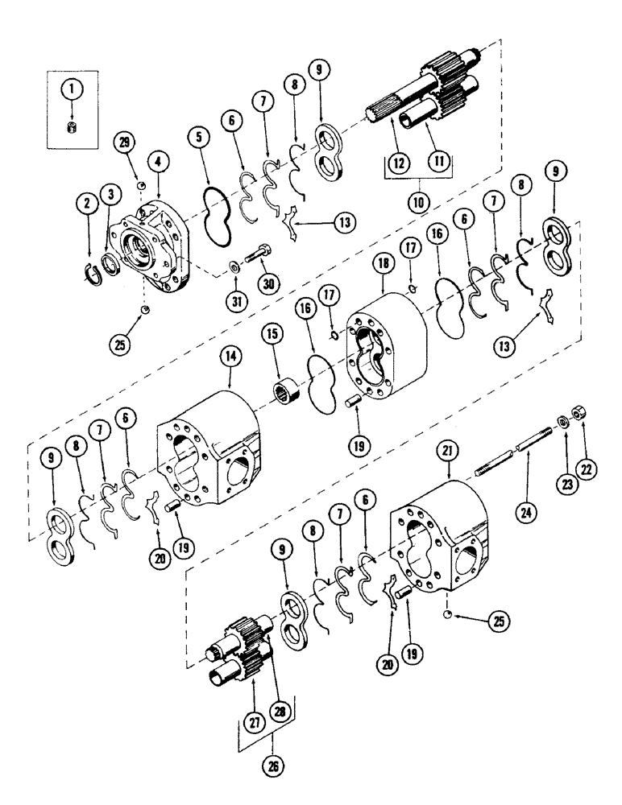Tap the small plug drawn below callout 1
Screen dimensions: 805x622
[x=70, y=128]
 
